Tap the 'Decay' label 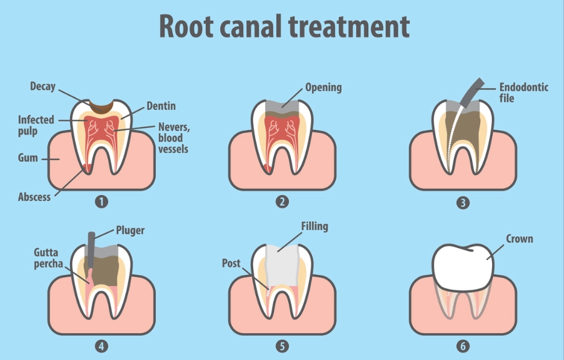[x=43, y=86]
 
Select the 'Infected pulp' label [x=36, y=125]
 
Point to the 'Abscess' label [x=34, y=196]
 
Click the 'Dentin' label [x=161, y=106]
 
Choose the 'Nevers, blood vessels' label [x=173, y=137]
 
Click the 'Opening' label [x=323, y=87]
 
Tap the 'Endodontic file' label [x=523, y=92]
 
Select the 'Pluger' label [x=130, y=231]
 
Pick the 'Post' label [x=231, y=264]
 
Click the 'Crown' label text [x=519, y=239]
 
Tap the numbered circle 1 [x=101, y=201]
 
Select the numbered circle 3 [x=463, y=202]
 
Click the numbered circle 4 [x=101, y=345]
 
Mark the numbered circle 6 [x=463, y=345]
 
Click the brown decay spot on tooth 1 [x=101, y=105]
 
